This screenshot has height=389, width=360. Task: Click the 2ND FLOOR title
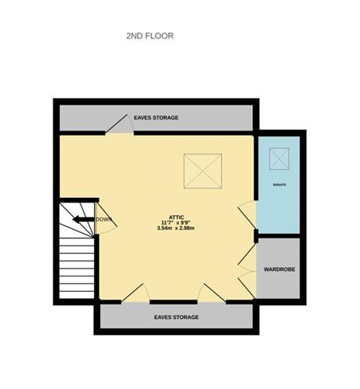(150, 36)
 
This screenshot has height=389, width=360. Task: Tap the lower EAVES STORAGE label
(176, 318)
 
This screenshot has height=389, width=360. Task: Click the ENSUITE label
(279, 185)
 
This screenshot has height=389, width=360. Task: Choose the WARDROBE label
(280, 269)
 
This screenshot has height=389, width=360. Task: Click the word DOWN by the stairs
(105, 220)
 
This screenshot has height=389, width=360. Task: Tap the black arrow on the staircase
(82, 220)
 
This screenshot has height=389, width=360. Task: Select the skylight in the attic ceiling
(203, 170)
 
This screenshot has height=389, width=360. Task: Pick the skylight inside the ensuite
(279, 158)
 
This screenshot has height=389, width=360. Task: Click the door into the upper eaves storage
(119, 125)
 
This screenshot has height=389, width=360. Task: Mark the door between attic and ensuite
(247, 214)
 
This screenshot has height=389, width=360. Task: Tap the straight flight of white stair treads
(77, 268)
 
